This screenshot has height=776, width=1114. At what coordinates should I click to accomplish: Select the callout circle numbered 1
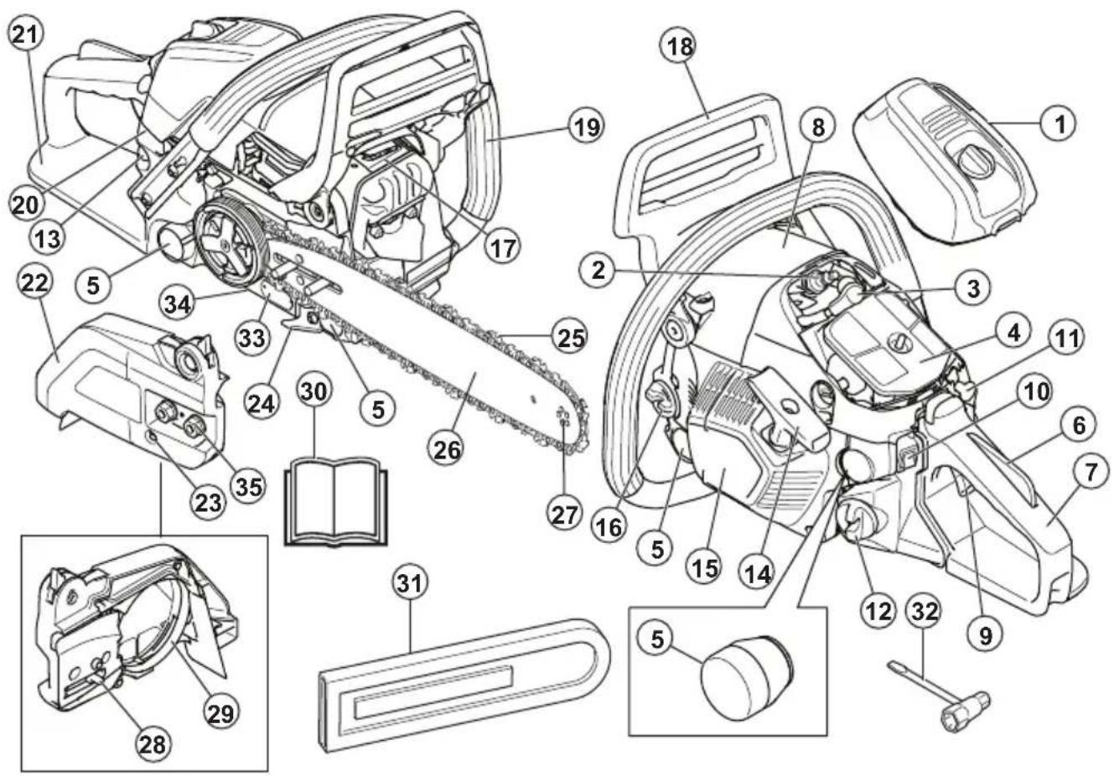[x=1060, y=125]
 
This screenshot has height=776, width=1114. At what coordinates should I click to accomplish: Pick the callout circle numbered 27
[x=564, y=512]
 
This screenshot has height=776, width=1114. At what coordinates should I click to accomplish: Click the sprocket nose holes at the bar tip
[x=564, y=418]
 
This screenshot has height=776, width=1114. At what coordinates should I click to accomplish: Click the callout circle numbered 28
[x=155, y=741]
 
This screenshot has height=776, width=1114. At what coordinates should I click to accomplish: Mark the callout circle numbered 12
[x=878, y=610]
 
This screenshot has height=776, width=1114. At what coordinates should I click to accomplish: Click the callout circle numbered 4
[x=1013, y=332]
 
